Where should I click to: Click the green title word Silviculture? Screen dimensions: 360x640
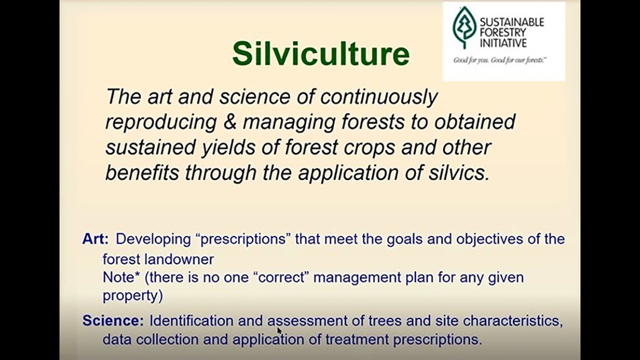(x=320, y=53)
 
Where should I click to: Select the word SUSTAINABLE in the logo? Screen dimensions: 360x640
(x=511, y=22)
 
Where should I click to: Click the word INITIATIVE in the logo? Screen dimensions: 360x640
(x=503, y=43)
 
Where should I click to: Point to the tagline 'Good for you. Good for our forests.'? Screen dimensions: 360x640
(x=499, y=60)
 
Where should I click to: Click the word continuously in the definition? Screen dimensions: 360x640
(x=378, y=97)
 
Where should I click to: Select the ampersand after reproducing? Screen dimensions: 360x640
(x=229, y=122)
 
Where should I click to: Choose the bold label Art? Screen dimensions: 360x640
(x=95, y=239)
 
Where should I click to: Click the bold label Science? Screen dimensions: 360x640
(x=113, y=320)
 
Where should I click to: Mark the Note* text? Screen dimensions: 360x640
(x=121, y=277)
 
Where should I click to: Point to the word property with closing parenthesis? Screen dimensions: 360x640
(x=132, y=295)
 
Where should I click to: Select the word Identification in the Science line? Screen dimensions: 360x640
(x=191, y=320)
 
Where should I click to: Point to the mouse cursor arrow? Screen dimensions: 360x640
(x=279, y=330)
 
